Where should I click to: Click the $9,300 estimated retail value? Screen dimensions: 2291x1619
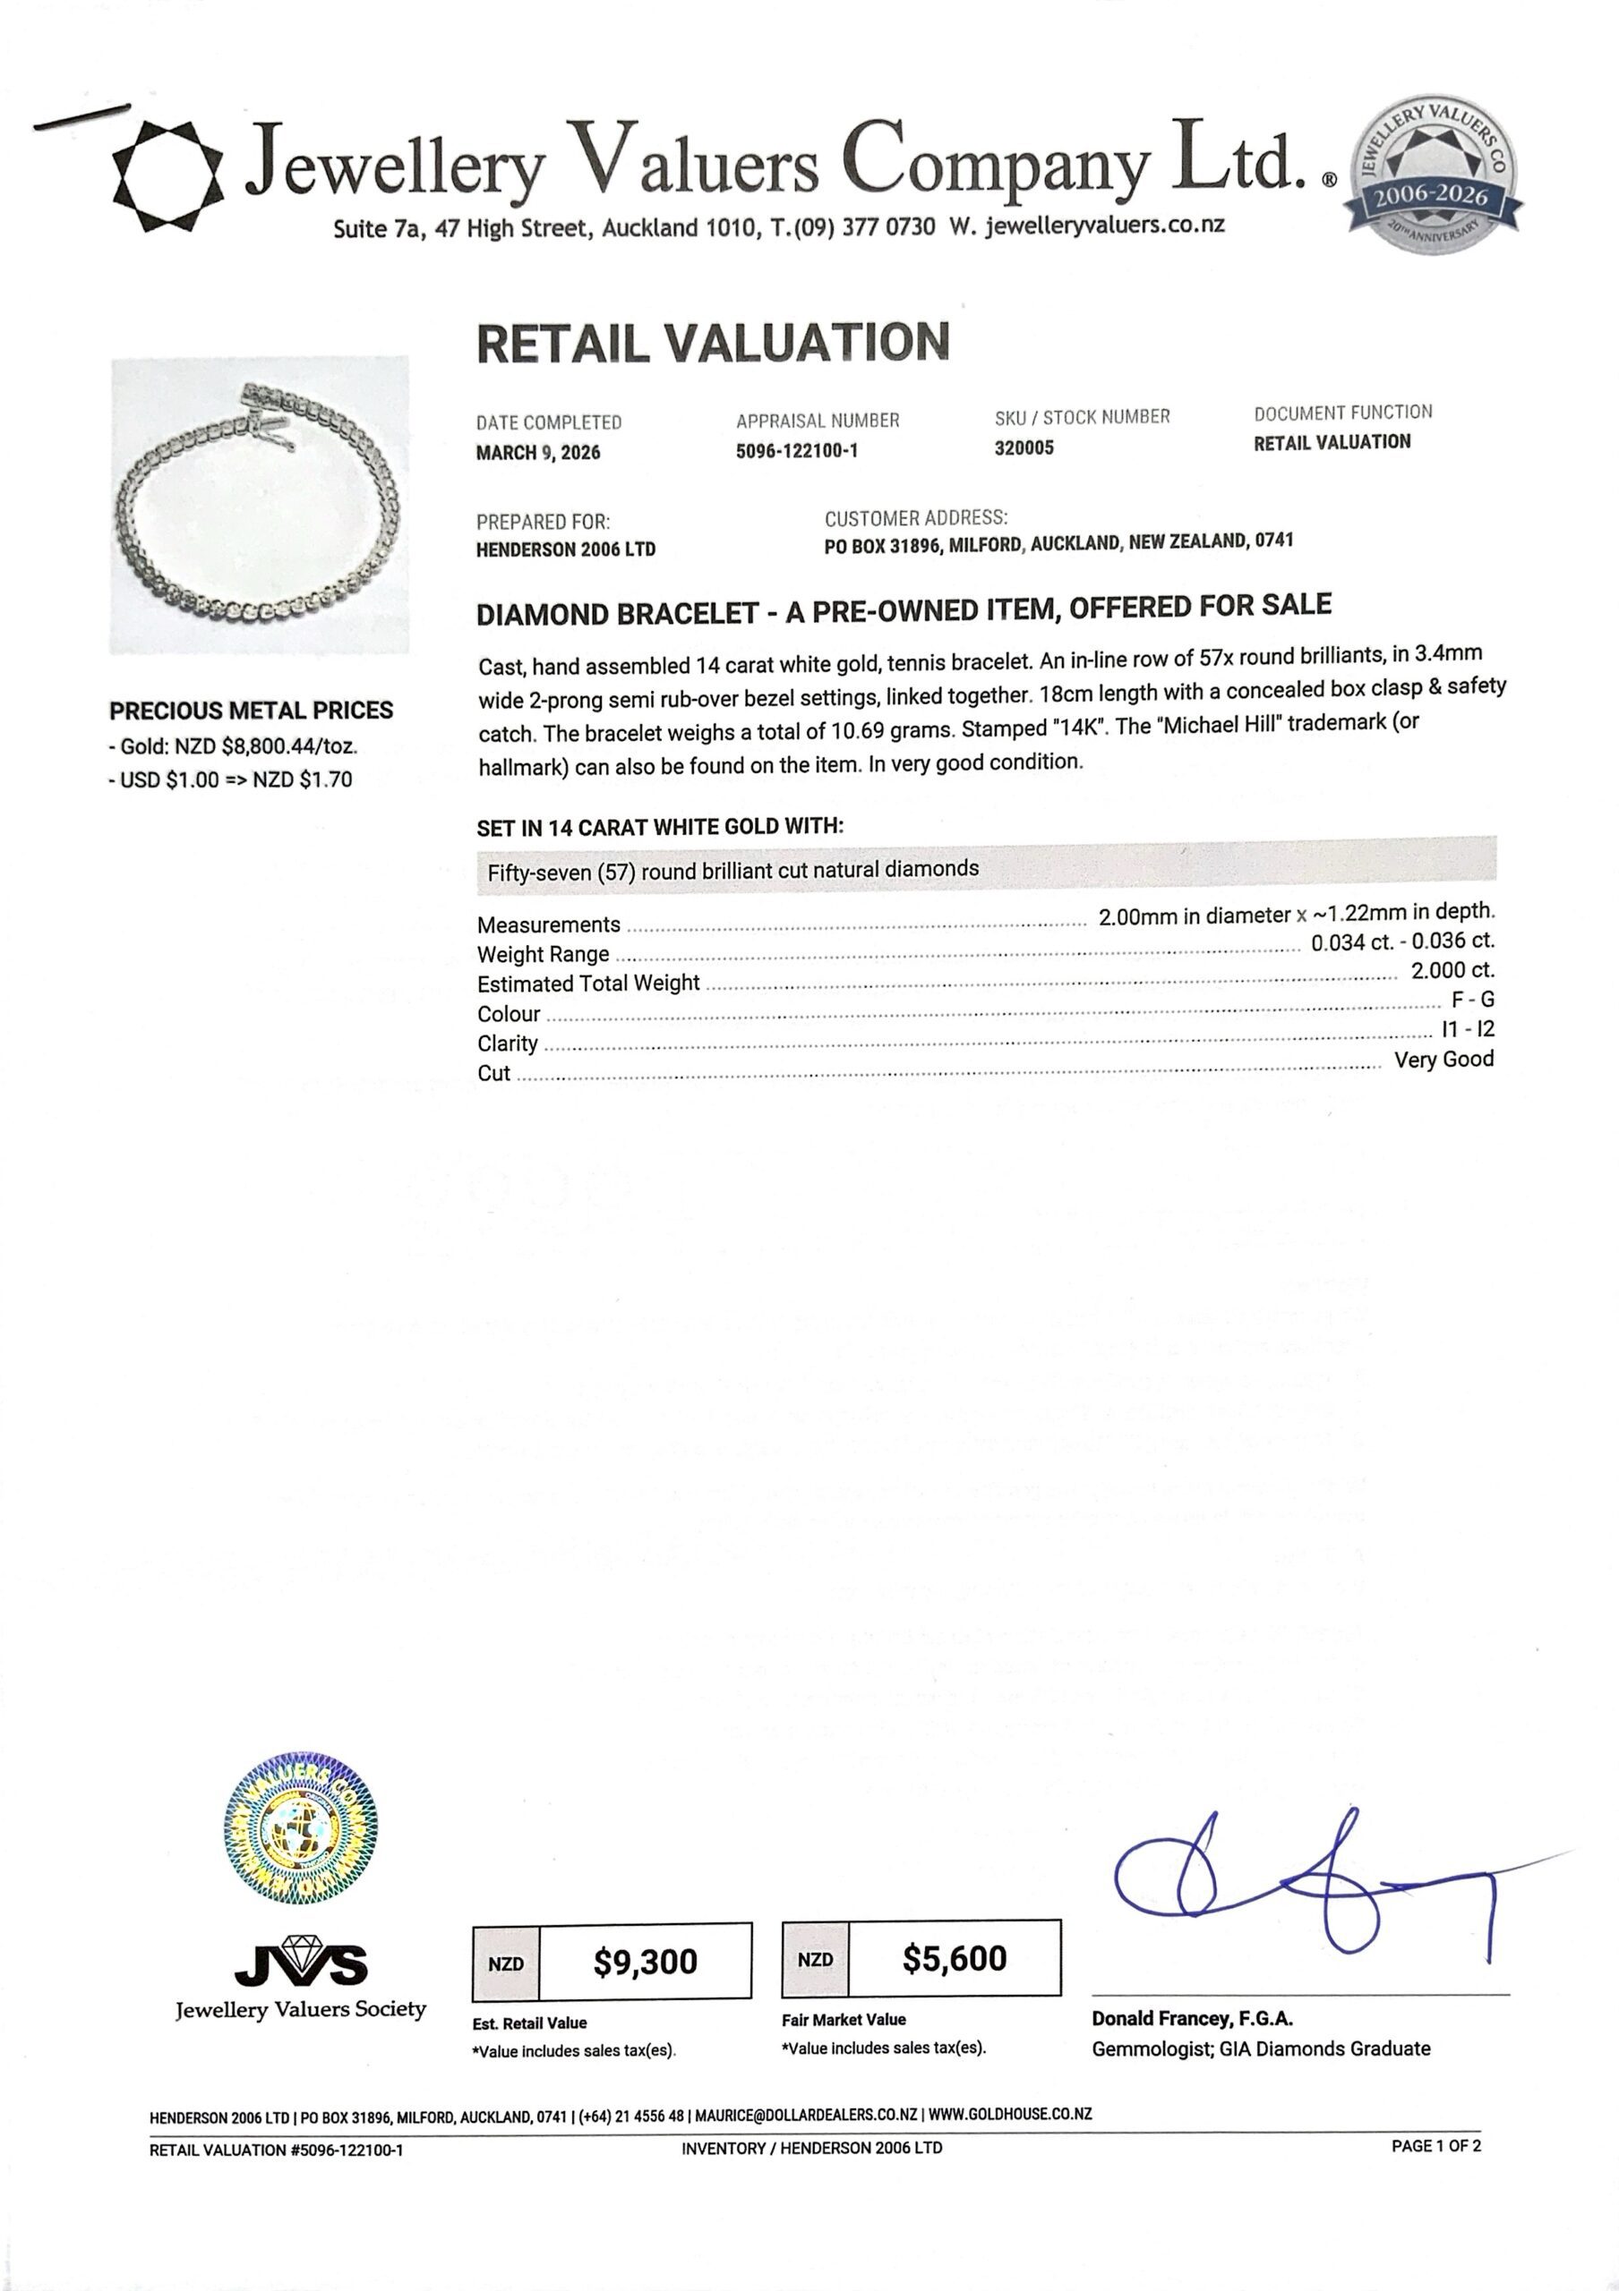[645, 1962]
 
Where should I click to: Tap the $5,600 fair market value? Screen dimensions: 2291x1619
[955, 1958]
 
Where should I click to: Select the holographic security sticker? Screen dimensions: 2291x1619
[302, 1829]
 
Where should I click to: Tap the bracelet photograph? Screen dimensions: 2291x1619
[260, 505]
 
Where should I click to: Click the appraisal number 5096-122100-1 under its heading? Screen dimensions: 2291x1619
[797, 451]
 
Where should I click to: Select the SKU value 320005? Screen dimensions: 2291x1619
[1024, 448]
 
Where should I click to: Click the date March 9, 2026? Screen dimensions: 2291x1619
[538, 453]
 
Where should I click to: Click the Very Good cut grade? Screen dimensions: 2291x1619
[1443, 1060]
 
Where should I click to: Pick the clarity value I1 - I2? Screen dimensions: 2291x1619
[1468, 1030]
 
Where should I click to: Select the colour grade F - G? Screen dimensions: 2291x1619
[1472, 1000]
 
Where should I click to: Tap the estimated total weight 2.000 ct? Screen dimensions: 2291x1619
[1452, 970]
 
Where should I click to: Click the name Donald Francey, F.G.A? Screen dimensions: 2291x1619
[1192, 2019]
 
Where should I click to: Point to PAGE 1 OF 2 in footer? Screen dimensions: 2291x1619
[1435, 2145]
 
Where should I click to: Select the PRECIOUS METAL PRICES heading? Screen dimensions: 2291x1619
[252, 711]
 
